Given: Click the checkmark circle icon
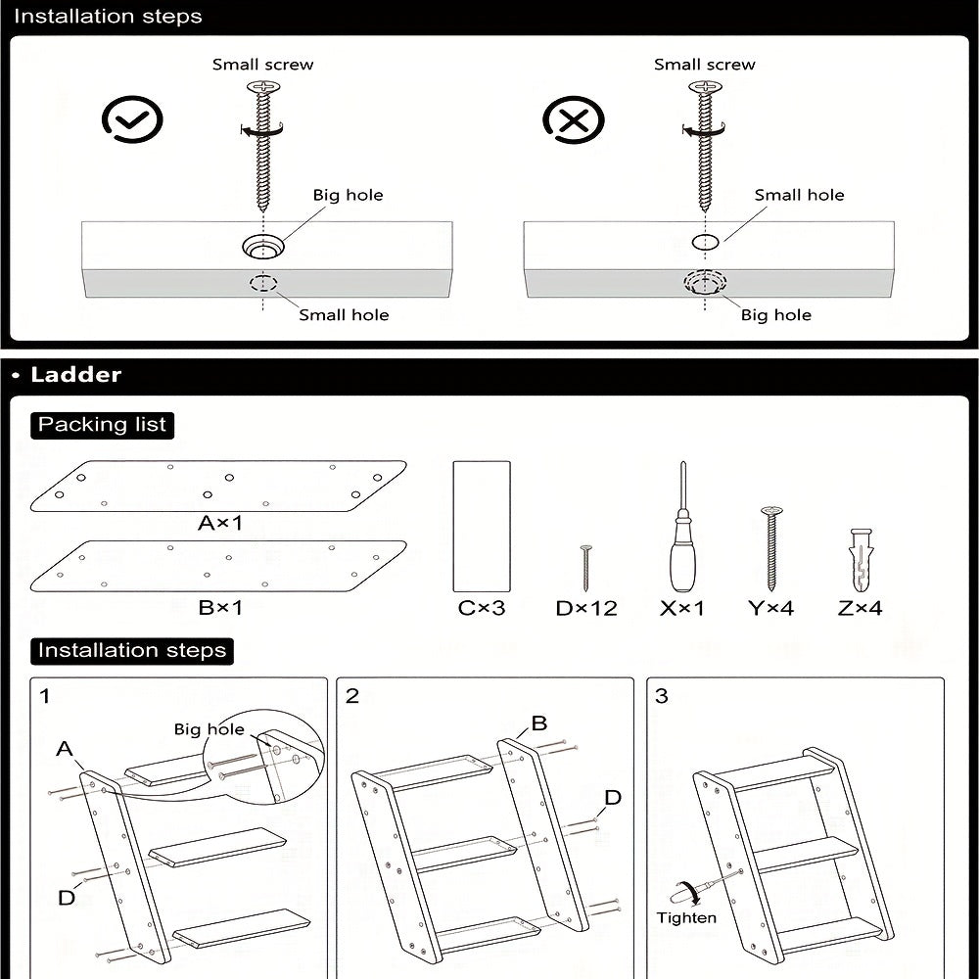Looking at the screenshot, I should (x=132, y=120).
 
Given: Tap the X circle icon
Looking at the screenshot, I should (x=574, y=120).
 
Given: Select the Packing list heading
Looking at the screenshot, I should (x=102, y=425).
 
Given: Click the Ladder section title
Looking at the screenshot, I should (x=76, y=375).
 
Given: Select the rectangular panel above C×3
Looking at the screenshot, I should (x=482, y=526).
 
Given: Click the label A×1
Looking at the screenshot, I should (x=220, y=524).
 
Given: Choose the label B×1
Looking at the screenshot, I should (x=220, y=608).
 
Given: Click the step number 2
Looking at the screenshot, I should (x=352, y=696).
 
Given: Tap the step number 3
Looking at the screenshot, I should (x=662, y=696).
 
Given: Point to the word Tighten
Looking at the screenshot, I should (x=686, y=918).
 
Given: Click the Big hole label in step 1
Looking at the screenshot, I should (x=209, y=729).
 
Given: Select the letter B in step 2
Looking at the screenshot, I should (x=539, y=723).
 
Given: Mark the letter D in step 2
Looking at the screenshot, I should (x=612, y=798).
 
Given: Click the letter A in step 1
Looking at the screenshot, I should (x=65, y=749).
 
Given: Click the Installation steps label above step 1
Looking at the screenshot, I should (x=131, y=650).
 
